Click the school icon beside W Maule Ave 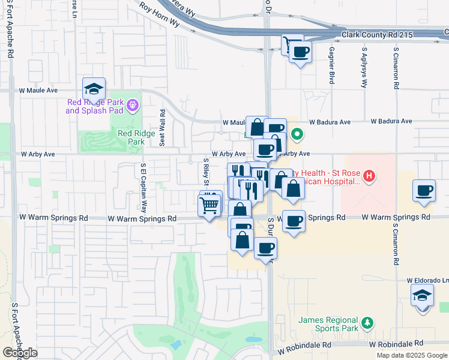(94, 89)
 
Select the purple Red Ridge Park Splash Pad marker (133, 106)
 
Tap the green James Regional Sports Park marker (367, 325)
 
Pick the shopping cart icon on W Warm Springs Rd (209, 206)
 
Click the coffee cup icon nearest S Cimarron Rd (424, 191)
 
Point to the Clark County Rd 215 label (377, 35)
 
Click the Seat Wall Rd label (162, 127)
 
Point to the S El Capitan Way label (143, 188)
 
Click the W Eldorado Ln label (427, 280)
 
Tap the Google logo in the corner (20, 353)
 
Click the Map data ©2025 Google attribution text (411, 355)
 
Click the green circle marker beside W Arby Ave (296, 134)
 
